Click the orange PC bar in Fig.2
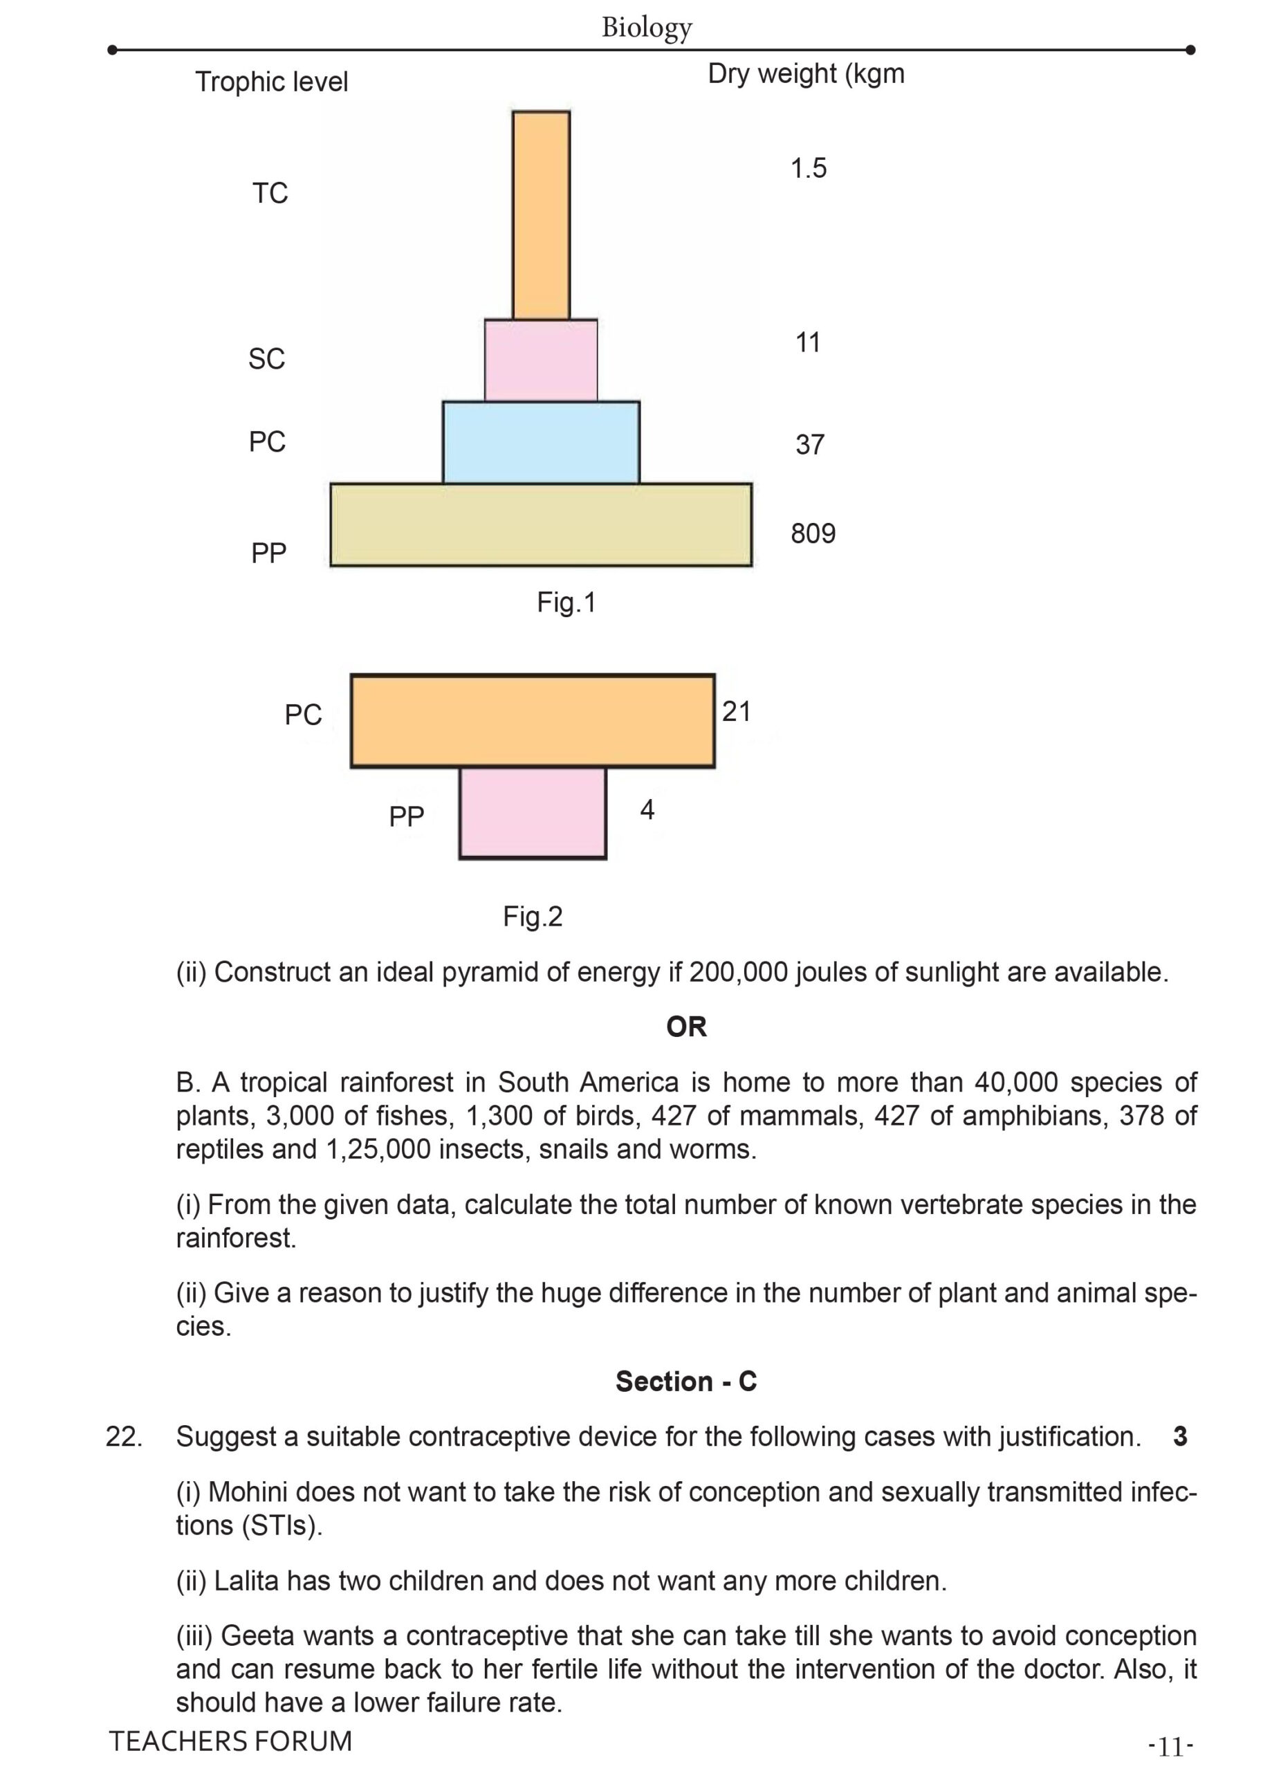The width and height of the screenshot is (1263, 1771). [532, 720]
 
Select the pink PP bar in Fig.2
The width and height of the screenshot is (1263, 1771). [532, 812]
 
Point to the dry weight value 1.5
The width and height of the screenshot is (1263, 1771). [808, 168]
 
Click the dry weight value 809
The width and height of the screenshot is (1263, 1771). [813, 533]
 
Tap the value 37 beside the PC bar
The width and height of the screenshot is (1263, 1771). [809, 445]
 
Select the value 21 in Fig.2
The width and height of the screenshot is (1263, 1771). [736, 711]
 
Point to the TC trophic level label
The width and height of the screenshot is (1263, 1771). [270, 193]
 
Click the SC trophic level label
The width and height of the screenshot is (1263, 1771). [267, 358]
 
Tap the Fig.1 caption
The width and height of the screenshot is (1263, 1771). [566, 602]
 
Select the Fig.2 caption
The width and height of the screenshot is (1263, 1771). [532, 916]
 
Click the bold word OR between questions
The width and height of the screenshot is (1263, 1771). [686, 1027]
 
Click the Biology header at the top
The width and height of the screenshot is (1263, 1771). [646, 27]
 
